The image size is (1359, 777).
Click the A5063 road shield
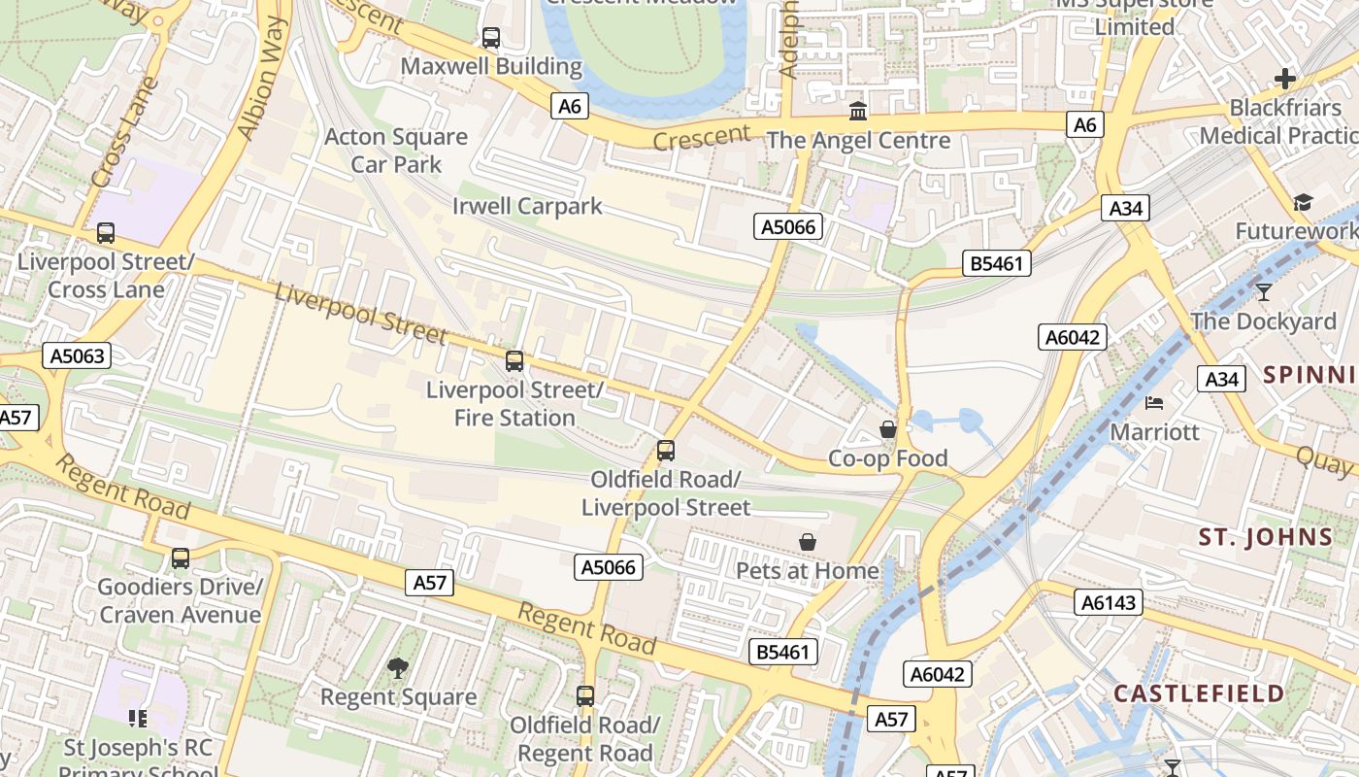coord(78,356)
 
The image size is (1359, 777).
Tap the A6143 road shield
coord(1109,602)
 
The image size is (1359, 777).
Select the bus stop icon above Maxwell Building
coord(491,38)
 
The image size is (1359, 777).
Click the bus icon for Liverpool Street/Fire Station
coord(514,361)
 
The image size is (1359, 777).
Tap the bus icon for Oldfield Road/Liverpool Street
coord(666,451)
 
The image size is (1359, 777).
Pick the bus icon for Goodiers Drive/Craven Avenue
coord(181,558)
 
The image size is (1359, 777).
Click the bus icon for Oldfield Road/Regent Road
coord(585,696)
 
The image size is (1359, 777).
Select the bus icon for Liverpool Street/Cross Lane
coord(106,233)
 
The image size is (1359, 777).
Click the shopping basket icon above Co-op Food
coord(888,428)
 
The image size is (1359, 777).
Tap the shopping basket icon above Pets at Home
coord(808,542)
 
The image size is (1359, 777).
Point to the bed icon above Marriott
coord(1154,402)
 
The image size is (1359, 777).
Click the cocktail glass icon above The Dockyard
coord(1263,291)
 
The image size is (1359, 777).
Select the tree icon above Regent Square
coord(398,667)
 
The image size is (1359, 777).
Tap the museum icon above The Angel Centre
coord(858,112)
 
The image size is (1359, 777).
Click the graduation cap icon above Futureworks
coord(1302,202)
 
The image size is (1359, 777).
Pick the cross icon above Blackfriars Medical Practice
coord(1286,79)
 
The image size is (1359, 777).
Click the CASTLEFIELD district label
coord(1199,693)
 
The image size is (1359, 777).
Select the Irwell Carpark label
coord(527,206)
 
